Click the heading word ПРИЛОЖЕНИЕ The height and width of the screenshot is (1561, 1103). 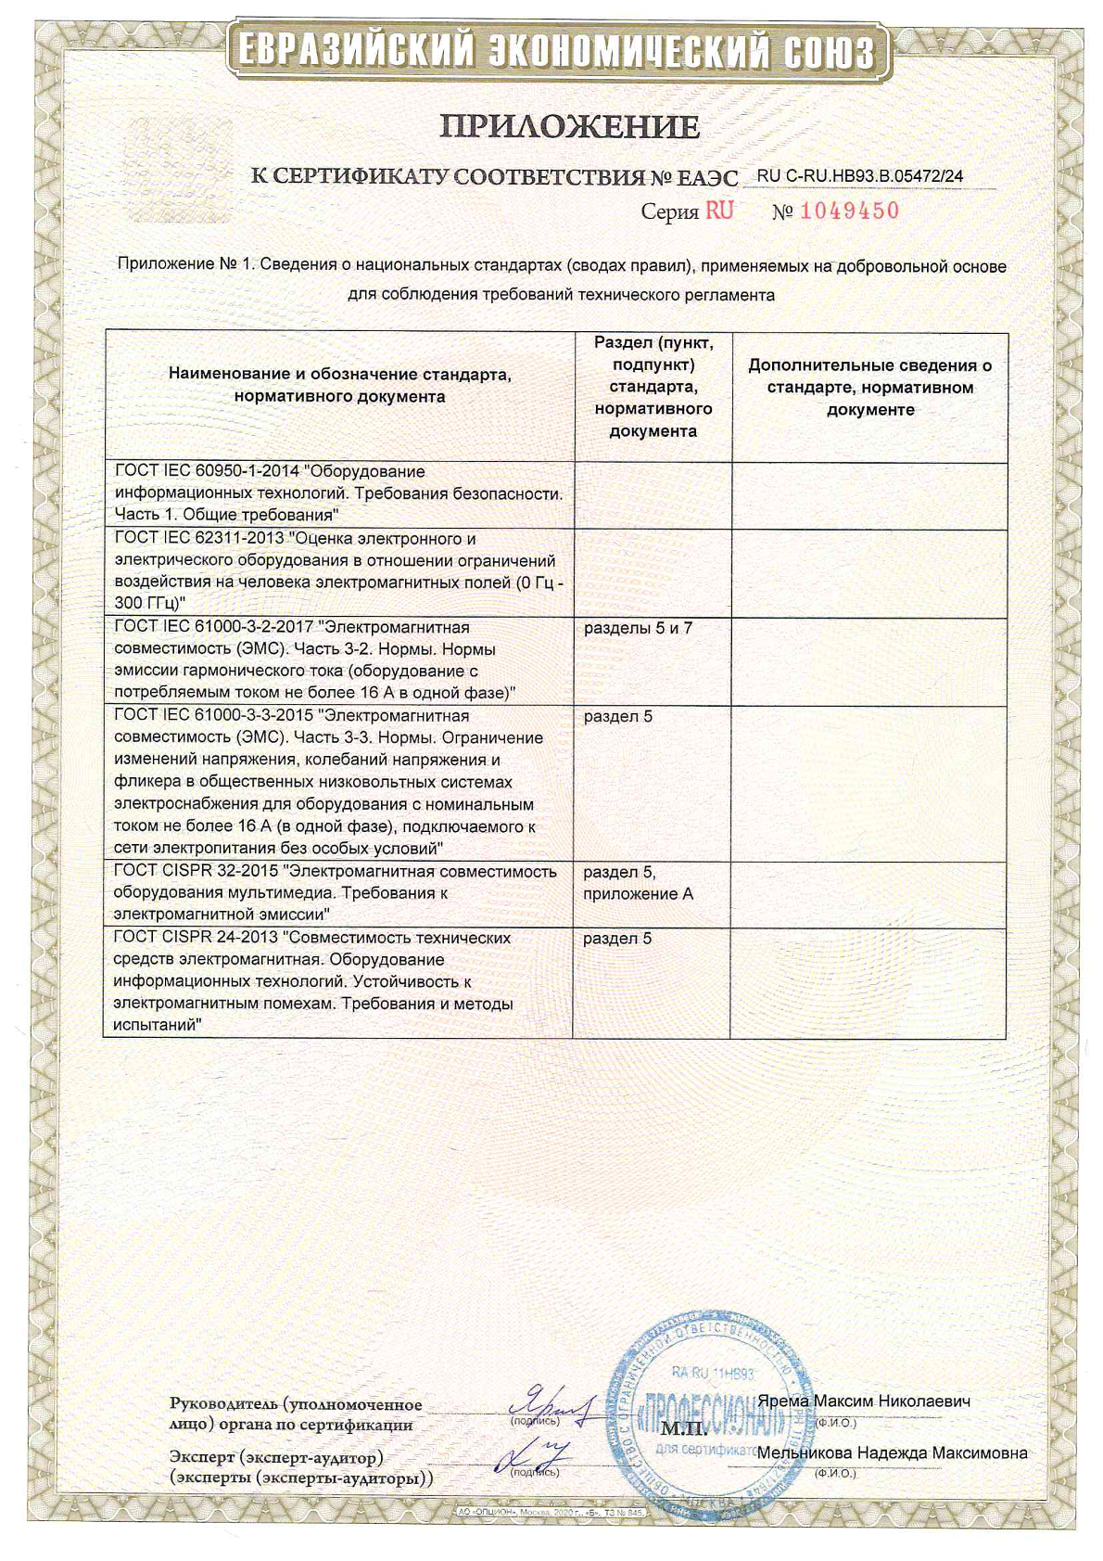tap(569, 126)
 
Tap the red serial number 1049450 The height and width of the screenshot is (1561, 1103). tap(849, 211)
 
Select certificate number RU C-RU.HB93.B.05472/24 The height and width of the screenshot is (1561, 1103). tap(859, 174)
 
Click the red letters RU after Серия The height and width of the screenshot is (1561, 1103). tap(719, 211)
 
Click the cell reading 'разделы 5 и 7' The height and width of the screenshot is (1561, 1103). tap(638, 628)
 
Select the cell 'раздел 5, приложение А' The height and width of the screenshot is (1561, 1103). tap(638, 883)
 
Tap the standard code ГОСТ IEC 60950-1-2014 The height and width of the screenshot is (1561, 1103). tap(207, 471)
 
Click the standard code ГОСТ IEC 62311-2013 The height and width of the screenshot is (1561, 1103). tap(199, 539)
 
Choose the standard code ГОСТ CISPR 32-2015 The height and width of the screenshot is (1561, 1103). tap(197, 871)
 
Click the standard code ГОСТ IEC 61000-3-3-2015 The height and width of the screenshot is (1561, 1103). tap(211, 716)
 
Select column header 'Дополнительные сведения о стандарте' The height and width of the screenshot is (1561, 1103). tap(869, 387)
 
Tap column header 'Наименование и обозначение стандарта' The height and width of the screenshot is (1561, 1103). tap(339, 386)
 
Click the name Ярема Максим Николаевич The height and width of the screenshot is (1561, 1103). tap(864, 1401)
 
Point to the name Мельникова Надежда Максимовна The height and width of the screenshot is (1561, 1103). tap(892, 1452)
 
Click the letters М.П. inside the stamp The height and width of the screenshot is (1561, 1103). tap(684, 1428)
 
